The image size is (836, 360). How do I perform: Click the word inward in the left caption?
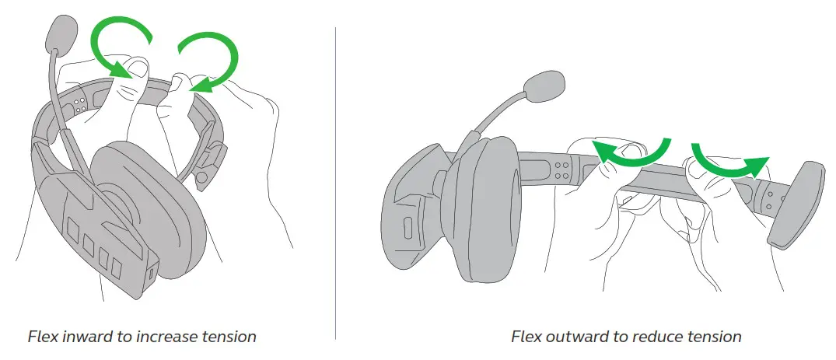(84, 337)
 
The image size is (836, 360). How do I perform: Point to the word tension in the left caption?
(228, 337)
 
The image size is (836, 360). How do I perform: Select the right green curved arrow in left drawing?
(208, 61)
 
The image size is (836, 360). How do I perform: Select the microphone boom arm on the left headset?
(62, 109)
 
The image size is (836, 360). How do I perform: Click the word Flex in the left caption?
(40, 337)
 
